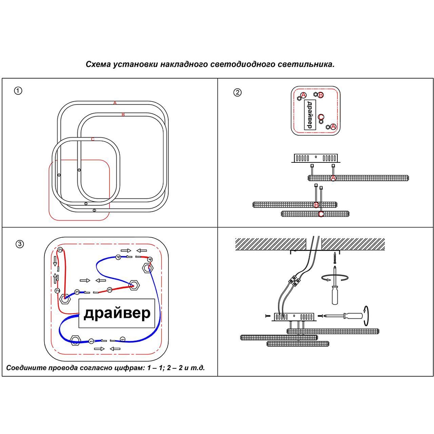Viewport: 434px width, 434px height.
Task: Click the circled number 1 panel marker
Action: point(18,91)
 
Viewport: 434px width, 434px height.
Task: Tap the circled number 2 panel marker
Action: point(237,92)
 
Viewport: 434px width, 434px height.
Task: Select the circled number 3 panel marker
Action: point(20,244)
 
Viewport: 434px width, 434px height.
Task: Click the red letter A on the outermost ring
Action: point(115,103)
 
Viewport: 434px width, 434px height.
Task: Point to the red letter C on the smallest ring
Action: point(93,139)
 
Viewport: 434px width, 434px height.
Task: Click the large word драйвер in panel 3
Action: point(117,313)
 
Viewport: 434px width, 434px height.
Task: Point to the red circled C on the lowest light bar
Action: point(321,214)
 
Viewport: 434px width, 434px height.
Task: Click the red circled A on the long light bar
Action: point(333,178)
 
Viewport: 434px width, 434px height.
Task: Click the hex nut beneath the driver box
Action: point(75,340)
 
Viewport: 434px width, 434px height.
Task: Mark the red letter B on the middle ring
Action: point(123,115)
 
